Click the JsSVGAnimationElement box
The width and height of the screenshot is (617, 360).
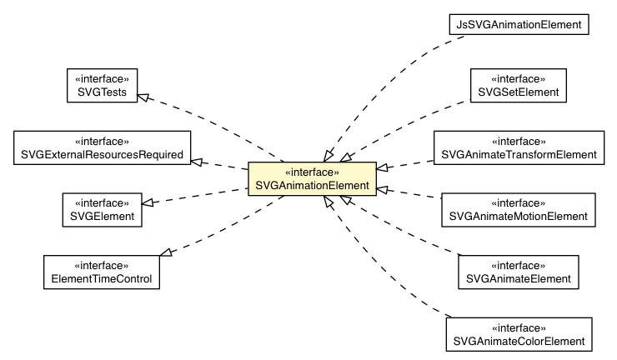[x=519, y=25]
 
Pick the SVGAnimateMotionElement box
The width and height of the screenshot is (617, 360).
[x=519, y=209]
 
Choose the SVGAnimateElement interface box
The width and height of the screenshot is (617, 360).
[x=519, y=271]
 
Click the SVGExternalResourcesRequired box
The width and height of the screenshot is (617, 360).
[x=103, y=147]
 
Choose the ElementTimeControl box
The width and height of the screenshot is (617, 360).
[x=102, y=271]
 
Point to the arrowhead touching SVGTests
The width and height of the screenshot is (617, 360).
[x=143, y=98]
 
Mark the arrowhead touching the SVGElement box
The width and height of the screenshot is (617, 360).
[x=148, y=202]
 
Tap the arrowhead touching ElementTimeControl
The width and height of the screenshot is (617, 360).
[x=166, y=252]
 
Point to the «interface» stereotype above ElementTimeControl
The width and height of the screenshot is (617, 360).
[x=102, y=264]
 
